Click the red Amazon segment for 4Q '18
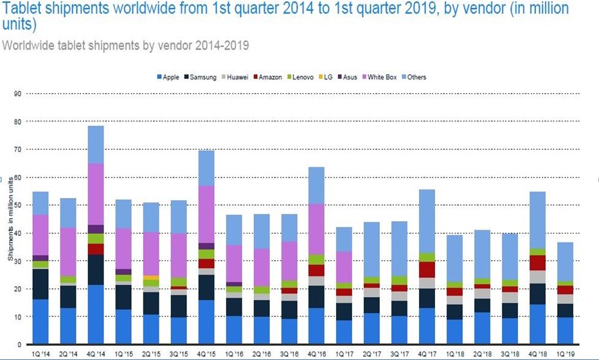[538, 263]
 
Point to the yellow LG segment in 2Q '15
[151, 277]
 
